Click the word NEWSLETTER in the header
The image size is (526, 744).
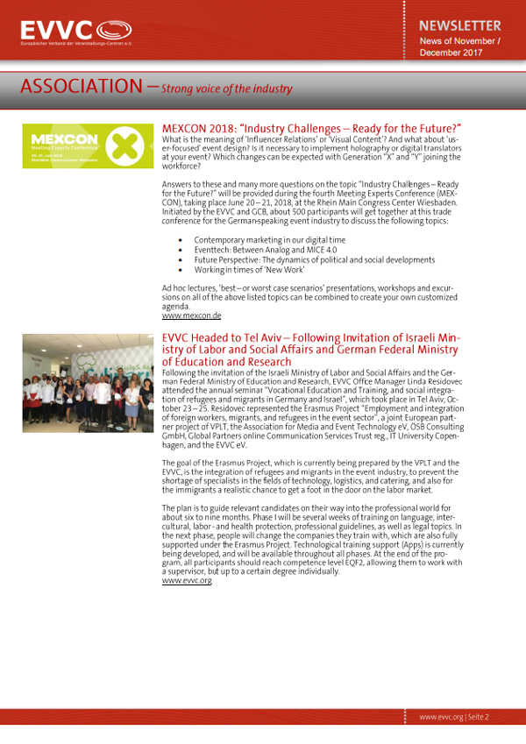pyautogui.click(x=459, y=25)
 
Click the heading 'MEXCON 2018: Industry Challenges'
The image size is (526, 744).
pyautogui.click(x=312, y=128)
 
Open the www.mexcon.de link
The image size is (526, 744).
pyautogui.click(x=191, y=315)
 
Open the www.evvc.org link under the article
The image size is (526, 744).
pyautogui.click(x=187, y=580)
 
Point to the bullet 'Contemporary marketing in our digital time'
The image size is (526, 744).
pyautogui.click(x=269, y=239)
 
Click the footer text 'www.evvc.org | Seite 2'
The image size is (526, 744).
pyautogui.click(x=453, y=717)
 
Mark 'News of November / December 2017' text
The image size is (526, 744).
pyautogui.click(x=461, y=46)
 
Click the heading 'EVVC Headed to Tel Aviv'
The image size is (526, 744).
pyautogui.click(x=311, y=350)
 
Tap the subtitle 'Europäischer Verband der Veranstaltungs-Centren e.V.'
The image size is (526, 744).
pyautogui.click(x=77, y=42)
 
